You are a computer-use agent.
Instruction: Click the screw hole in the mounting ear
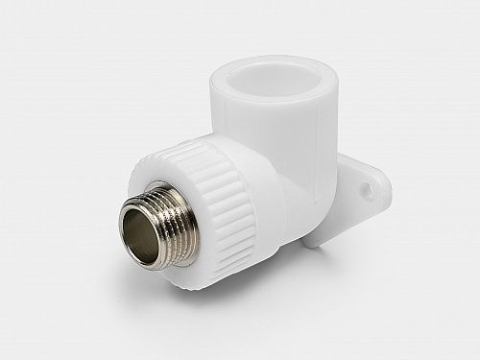point(367,192)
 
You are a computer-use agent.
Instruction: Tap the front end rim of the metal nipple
point(132,213)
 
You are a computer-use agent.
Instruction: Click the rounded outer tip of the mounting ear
point(389,182)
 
